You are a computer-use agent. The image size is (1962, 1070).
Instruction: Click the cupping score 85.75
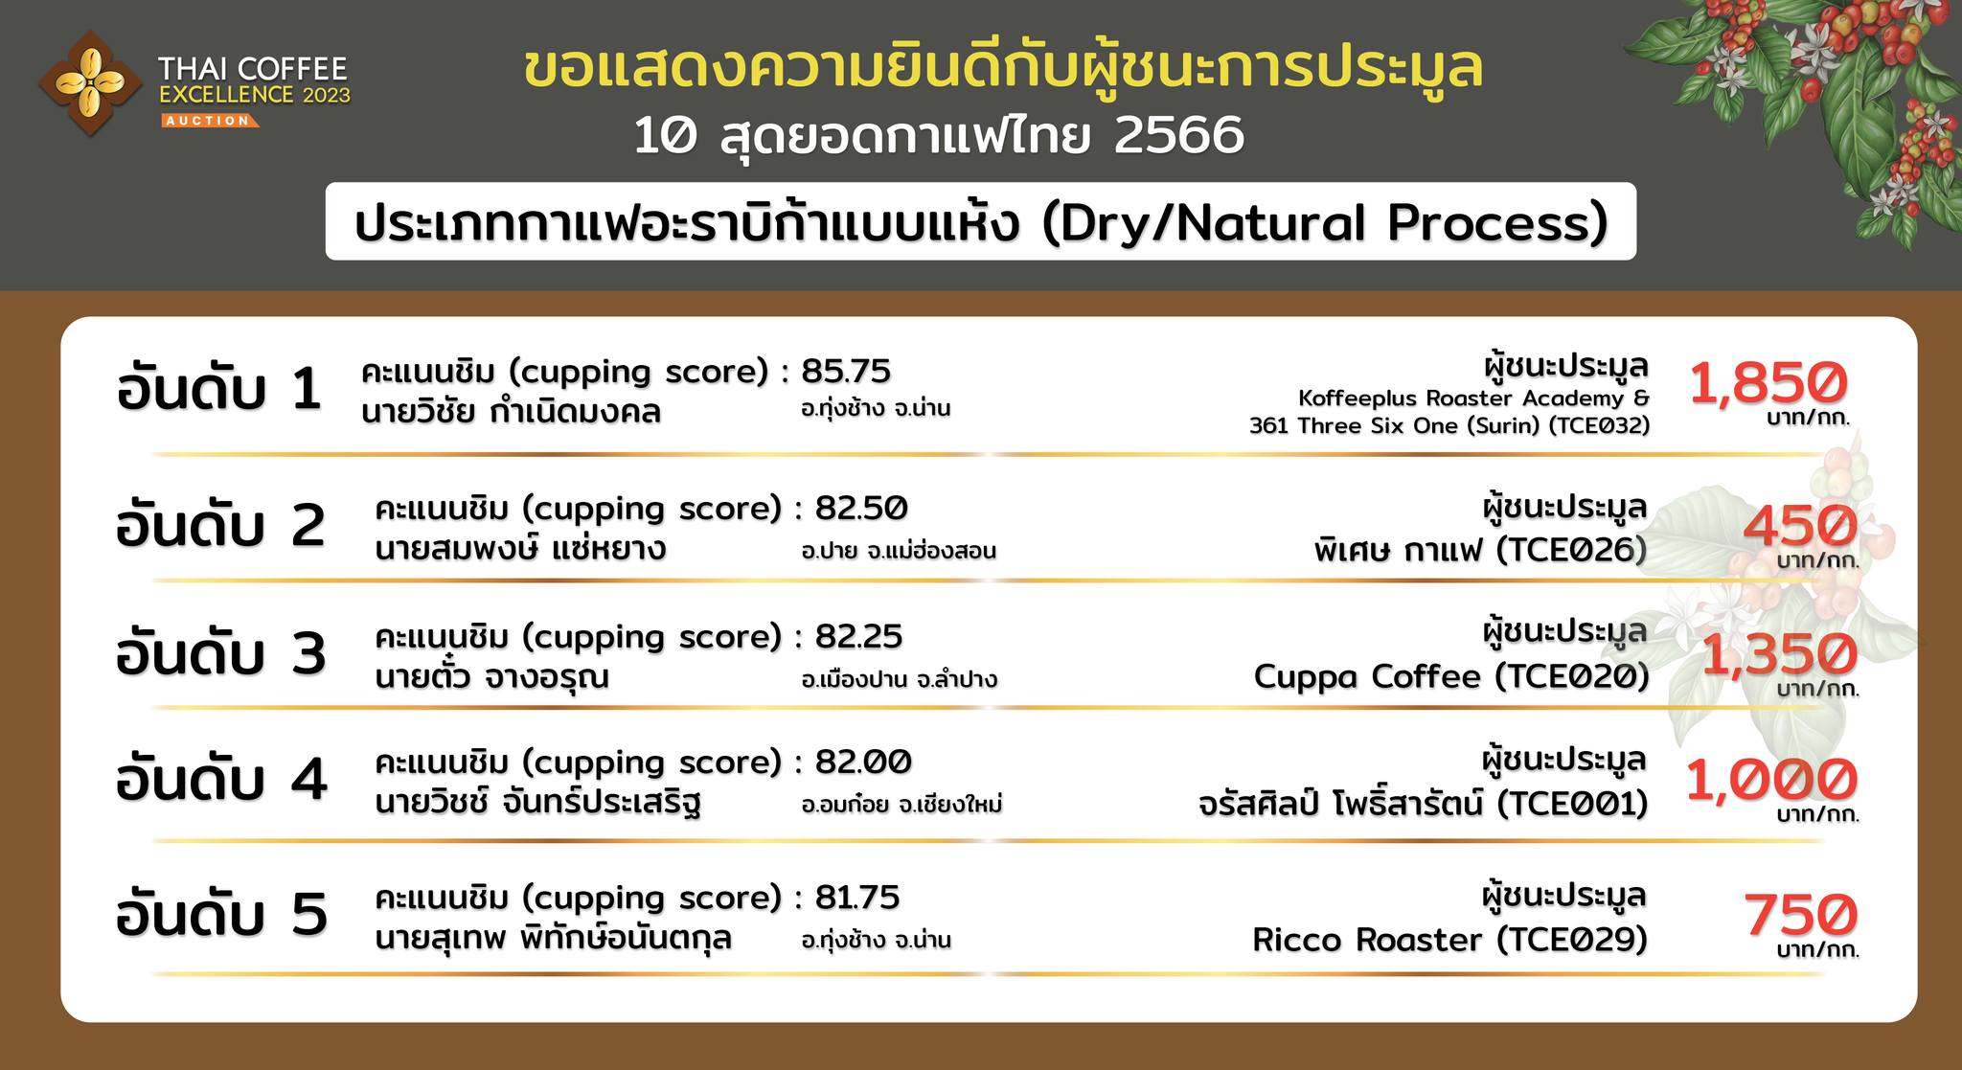[x=846, y=371]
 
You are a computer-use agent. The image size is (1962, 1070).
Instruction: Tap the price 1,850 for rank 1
[x=1768, y=382]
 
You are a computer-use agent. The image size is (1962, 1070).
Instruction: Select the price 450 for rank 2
[x=1800, y=526]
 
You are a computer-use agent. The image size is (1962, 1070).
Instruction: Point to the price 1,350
[x=1779, y=654]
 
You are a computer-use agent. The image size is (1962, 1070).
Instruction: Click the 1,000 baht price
[x=1771, y=780]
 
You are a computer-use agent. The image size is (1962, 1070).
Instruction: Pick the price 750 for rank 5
[x=1800, y=915]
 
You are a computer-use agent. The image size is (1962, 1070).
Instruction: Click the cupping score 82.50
[x=861, y=508]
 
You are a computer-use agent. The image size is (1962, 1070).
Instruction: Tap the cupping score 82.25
[x=859, y=636]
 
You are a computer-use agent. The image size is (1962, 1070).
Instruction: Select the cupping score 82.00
[x=863, y=763]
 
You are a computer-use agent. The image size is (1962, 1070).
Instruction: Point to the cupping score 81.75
[x=857, y=898]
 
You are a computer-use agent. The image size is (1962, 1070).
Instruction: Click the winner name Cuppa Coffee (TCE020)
[x=1451, y=677]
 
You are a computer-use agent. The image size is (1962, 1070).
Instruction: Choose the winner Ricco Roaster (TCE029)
[x=1450, y=940]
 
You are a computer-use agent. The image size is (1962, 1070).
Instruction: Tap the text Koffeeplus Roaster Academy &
[x=1474, y=398]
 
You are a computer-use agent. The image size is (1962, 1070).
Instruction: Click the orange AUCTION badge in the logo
[x=208, y=121]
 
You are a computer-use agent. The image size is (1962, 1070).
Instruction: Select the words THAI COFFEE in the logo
[x=253, y=69]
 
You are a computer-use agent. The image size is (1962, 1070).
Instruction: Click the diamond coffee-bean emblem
[x=90, y=82]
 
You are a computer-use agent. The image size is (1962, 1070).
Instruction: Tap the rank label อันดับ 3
[x=221, y=654]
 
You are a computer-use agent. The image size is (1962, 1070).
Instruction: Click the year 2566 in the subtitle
[x=1180, y=136]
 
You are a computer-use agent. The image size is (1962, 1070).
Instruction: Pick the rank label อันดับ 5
[x=221, y=914]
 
